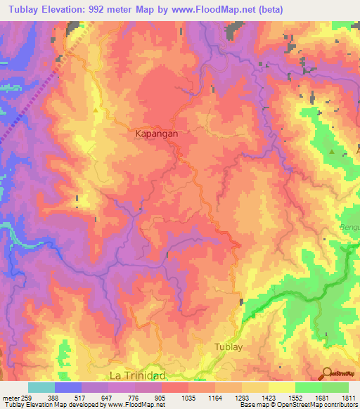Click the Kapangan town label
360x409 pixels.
pyautogui.click(x=155, y=132)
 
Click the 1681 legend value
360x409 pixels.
pyautogui.click(x=309, y=396)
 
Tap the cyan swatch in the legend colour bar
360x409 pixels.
pyautogui.click(x=41, y=387)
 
